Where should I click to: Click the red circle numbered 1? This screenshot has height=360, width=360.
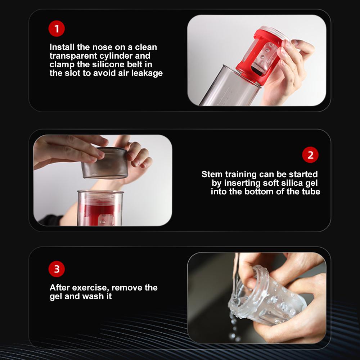tap(57, 28)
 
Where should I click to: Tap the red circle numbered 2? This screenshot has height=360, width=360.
tap(310, 155)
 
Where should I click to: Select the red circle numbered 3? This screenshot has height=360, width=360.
tap(57, 269)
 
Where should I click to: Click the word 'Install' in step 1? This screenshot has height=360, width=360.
tap(62, 47)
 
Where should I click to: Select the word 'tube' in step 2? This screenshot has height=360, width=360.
tap(311, 192)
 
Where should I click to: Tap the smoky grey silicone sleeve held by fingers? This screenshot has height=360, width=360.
tap(105, 163)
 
